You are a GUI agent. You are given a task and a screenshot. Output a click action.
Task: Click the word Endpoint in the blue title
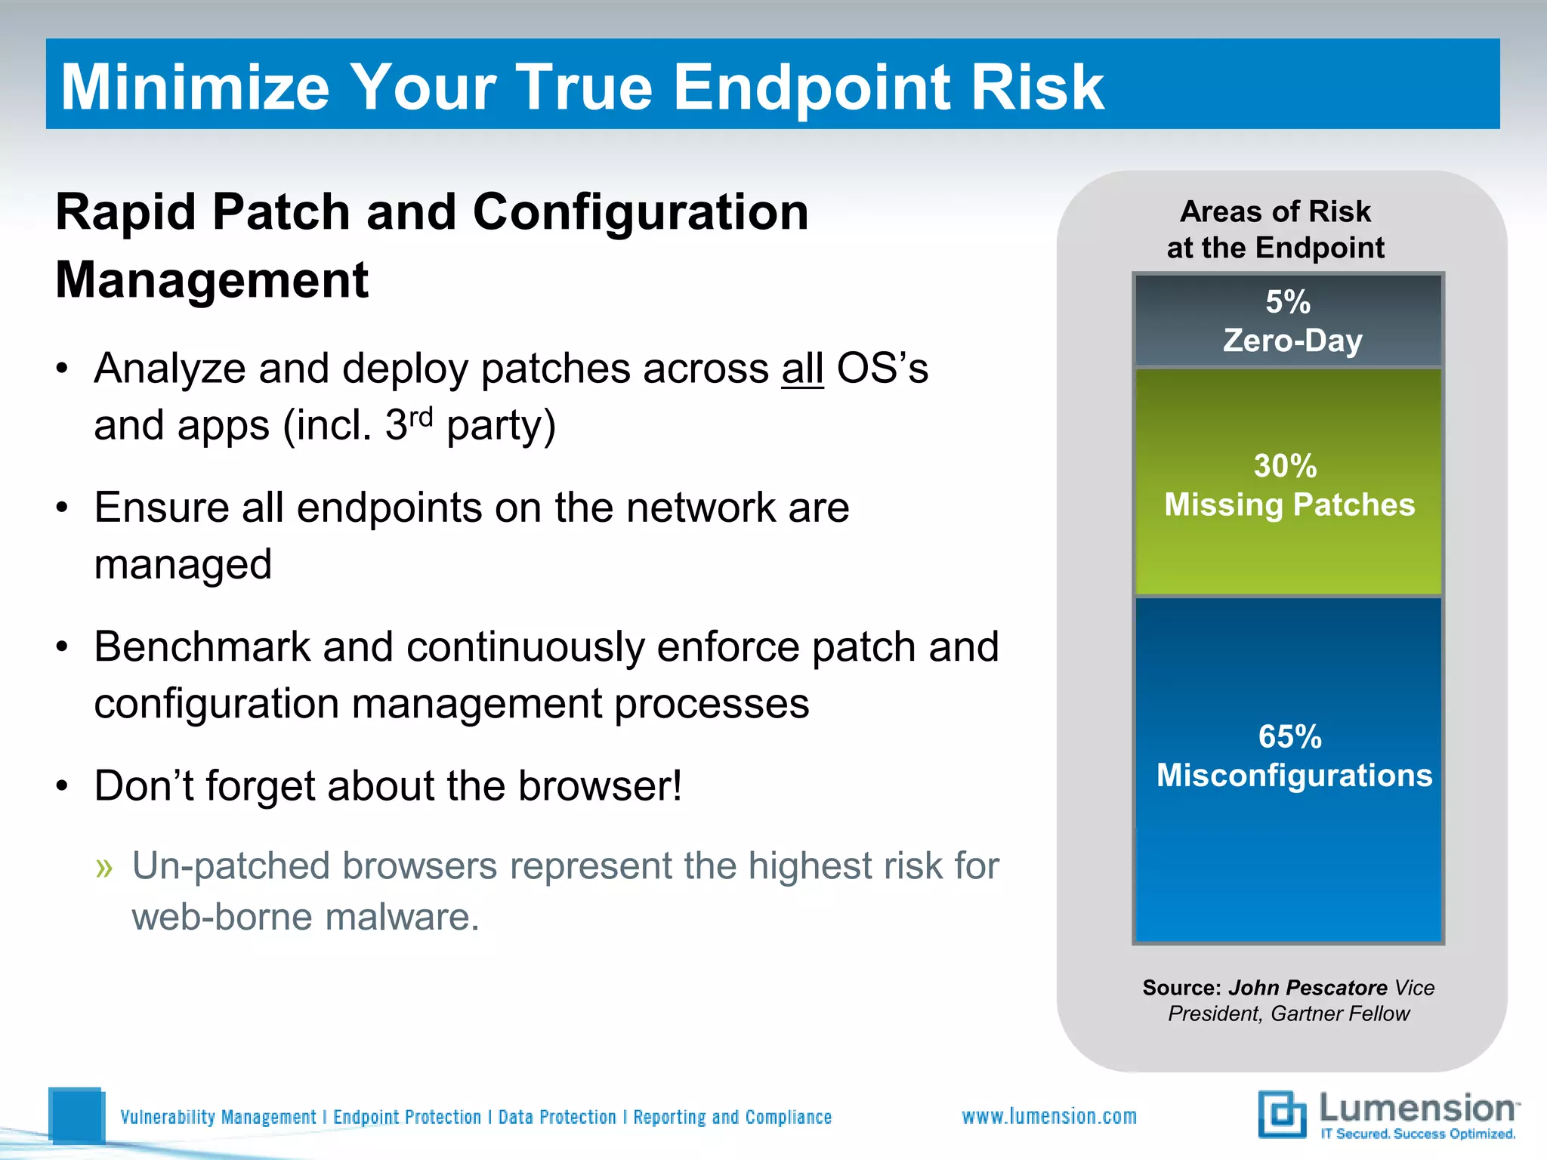[811, 88]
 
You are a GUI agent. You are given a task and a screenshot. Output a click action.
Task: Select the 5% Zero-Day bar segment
[1289, 321]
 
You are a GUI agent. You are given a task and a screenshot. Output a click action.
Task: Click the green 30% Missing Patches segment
[1289, 483]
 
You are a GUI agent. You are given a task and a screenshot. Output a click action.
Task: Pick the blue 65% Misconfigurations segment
[1289, 770]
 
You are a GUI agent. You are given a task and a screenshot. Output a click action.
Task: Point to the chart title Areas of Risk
[1275, 211]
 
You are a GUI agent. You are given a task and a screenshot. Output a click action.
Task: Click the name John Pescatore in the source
[1308, 987]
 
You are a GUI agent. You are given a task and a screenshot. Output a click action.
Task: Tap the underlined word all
[802, 369]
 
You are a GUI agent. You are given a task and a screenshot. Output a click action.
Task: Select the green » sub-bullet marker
[104, 868]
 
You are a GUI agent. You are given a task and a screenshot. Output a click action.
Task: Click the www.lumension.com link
[1048, 1116]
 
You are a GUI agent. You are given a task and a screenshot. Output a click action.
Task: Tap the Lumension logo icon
[1282, 1114]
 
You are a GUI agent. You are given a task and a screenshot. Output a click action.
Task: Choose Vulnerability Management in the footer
[218, 1117]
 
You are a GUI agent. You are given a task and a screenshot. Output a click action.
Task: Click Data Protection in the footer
[557, 1117]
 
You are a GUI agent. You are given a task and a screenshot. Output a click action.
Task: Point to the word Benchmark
[202, 647]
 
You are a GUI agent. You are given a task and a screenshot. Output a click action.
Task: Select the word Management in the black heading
[212, 280]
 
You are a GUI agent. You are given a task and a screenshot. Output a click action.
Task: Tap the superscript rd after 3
[421, 415]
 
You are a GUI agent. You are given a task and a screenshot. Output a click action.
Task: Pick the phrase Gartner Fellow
[1340, 1013]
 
